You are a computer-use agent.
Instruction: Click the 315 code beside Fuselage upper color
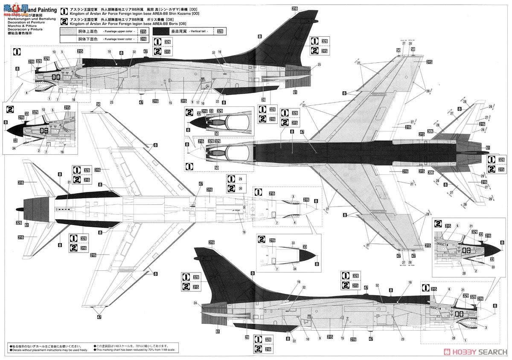pos(143,32)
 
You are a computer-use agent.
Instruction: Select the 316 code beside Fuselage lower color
pos(143,39)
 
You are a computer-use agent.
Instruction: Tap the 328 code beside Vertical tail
pos(220,32)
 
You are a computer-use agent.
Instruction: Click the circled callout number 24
pos(195,303)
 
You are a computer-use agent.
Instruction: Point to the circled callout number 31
pos(69,183)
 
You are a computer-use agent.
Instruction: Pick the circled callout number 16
pos(244,232)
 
